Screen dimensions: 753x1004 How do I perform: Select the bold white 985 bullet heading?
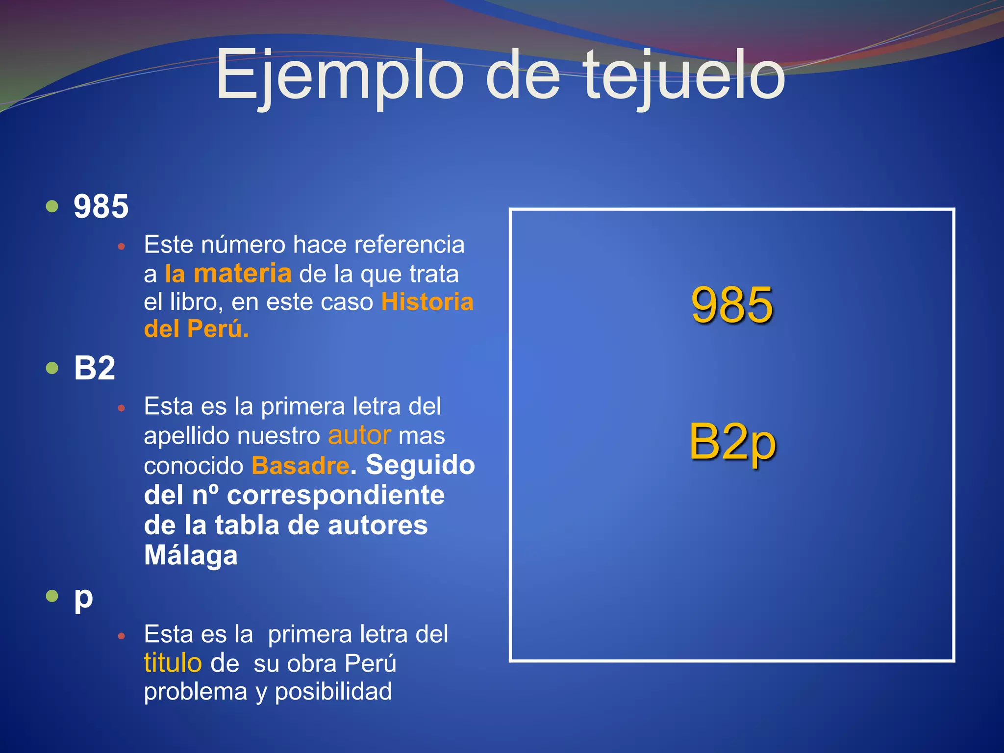pos(101,206)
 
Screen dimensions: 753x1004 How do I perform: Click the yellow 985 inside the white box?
pos(732,305)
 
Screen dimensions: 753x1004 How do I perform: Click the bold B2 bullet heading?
pos(95,368)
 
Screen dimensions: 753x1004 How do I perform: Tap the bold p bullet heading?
pos(83,598)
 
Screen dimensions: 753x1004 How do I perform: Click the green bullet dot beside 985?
pos(52,206)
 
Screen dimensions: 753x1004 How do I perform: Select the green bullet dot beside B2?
pos(52,368)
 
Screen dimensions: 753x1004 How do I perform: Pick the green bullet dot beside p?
pos(52,596)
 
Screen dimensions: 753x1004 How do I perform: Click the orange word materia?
pos(243,274)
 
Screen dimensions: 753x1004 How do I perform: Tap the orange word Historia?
pos(427,301)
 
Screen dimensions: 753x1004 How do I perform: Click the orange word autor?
pos(359,435)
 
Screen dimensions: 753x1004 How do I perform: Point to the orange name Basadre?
pos(301,465)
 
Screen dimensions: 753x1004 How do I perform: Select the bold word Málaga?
pos(191,555)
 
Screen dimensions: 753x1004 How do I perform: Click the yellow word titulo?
pos(173,663)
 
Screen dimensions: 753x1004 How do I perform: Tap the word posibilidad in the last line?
pos(333,692)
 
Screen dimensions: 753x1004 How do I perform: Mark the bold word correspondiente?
pos(336,495)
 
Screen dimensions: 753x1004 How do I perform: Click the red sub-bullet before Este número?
pos(122,246)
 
